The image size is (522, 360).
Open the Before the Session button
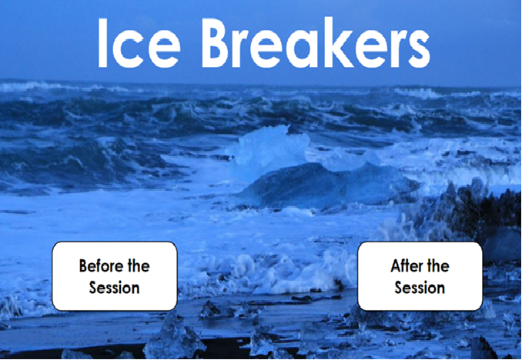[114, 276]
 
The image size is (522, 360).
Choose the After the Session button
[420, 276]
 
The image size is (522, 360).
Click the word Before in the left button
[102, 266]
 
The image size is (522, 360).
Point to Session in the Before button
[114, 288]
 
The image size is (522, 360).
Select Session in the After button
[420, 288]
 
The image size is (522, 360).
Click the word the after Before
[139, 266]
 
